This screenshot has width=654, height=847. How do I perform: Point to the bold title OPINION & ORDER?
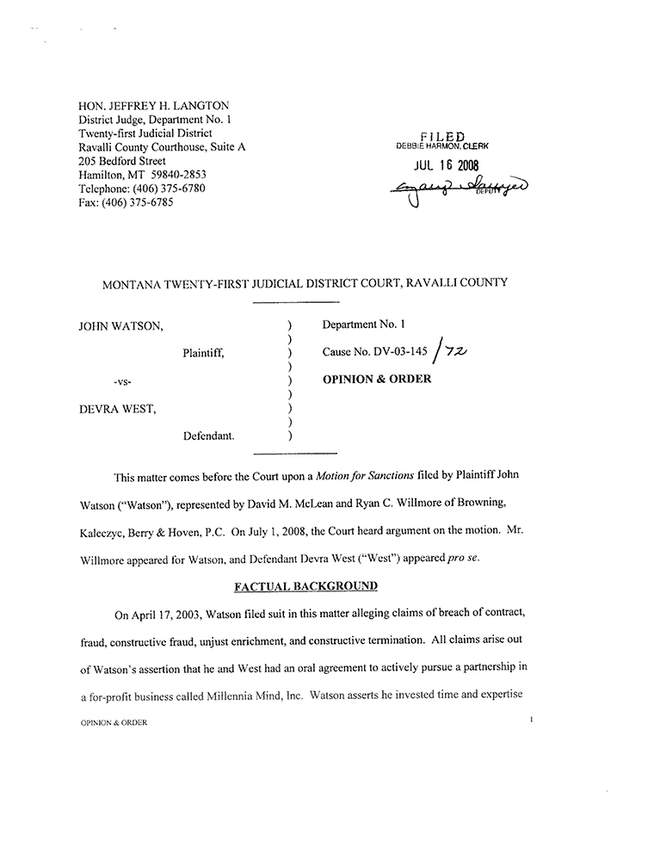coord(376,379)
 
